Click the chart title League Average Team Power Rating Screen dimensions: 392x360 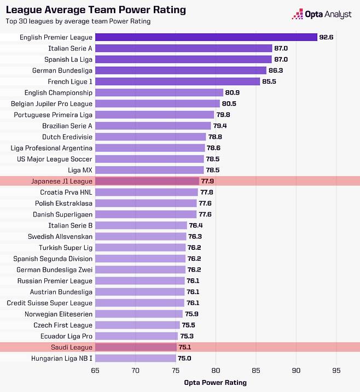click(x=96, y=10)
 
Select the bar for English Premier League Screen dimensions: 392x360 click(x=206, y=37)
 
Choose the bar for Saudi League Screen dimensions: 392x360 click(x=136, y=347)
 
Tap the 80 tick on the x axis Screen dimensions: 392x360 click(x=216, y=370)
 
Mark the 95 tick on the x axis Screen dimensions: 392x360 click(x=336, y=370)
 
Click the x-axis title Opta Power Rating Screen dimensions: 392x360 click(x=216, y=382)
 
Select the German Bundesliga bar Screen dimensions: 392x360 click(x=181, y=71)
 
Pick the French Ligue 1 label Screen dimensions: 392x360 click(x=70, y=81)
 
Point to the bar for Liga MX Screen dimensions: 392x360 click(x=149, y=170)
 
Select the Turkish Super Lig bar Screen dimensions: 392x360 click(x=141, y=248)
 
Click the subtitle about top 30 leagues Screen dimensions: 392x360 click(x=78, y=21)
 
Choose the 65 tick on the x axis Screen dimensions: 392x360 click(x=95, y=370)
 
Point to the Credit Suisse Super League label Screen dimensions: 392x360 click(x=50, y=303)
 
